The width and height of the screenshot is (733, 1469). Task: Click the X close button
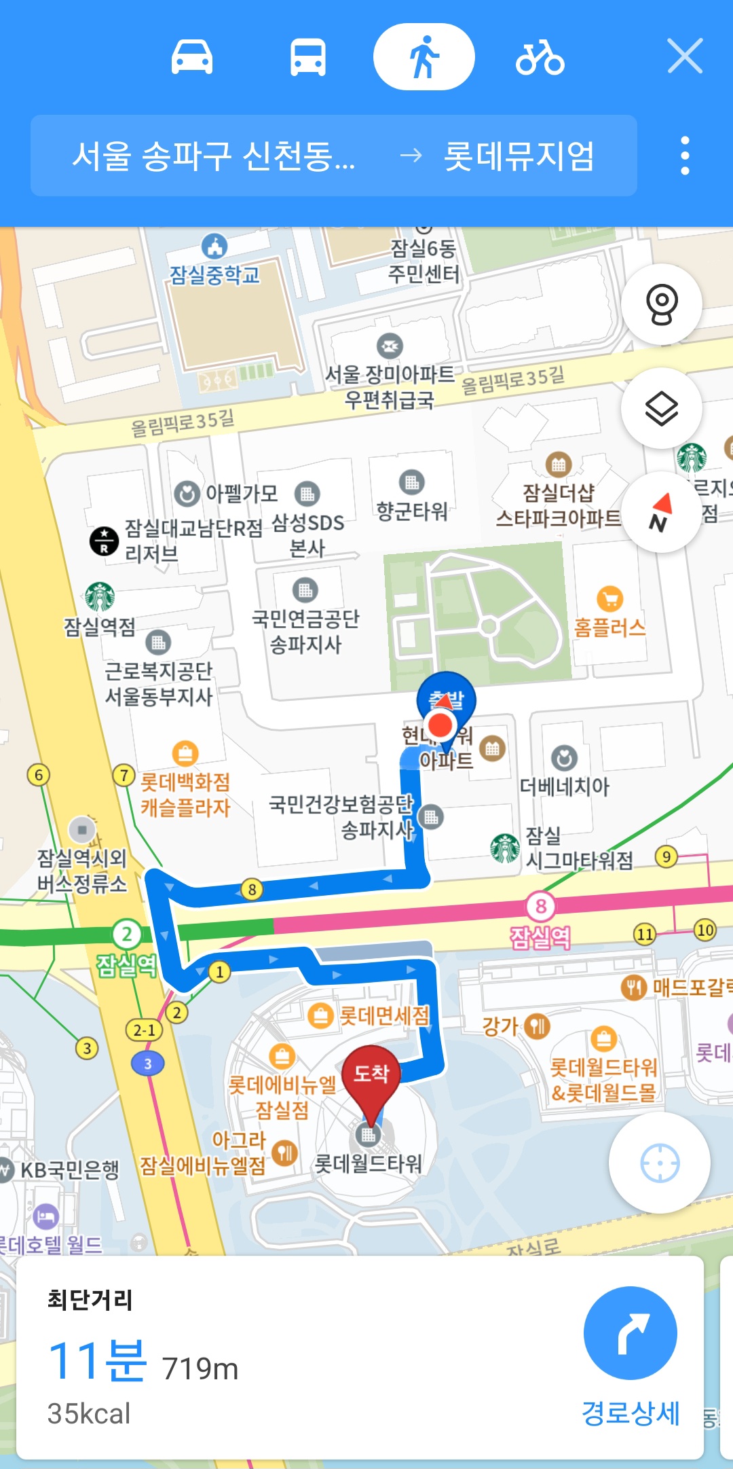[685, 56]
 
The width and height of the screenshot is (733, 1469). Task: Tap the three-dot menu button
[685, 156]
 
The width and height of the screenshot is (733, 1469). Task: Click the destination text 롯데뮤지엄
[519, 156]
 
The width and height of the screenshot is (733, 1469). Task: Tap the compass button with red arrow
[660, 513]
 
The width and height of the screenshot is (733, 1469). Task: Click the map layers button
[661, 408]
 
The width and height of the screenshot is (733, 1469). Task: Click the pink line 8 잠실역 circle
[540, 906]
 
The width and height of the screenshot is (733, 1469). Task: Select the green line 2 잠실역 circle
[127, 935]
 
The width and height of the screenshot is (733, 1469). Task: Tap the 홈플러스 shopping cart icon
[609, 599]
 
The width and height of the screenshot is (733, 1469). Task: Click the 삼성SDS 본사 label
[307, 535]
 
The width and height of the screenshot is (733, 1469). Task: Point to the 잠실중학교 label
[214, 274]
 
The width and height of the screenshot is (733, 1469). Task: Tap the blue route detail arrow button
[630, 1332]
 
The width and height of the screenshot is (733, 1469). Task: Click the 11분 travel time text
[97, 1361]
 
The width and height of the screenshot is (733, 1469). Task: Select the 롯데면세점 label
[384, 1016]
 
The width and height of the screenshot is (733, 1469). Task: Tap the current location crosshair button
[659, 1163]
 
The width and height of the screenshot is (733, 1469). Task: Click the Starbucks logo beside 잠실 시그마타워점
[506, 848]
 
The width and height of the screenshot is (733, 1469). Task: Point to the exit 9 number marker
[666, 856]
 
